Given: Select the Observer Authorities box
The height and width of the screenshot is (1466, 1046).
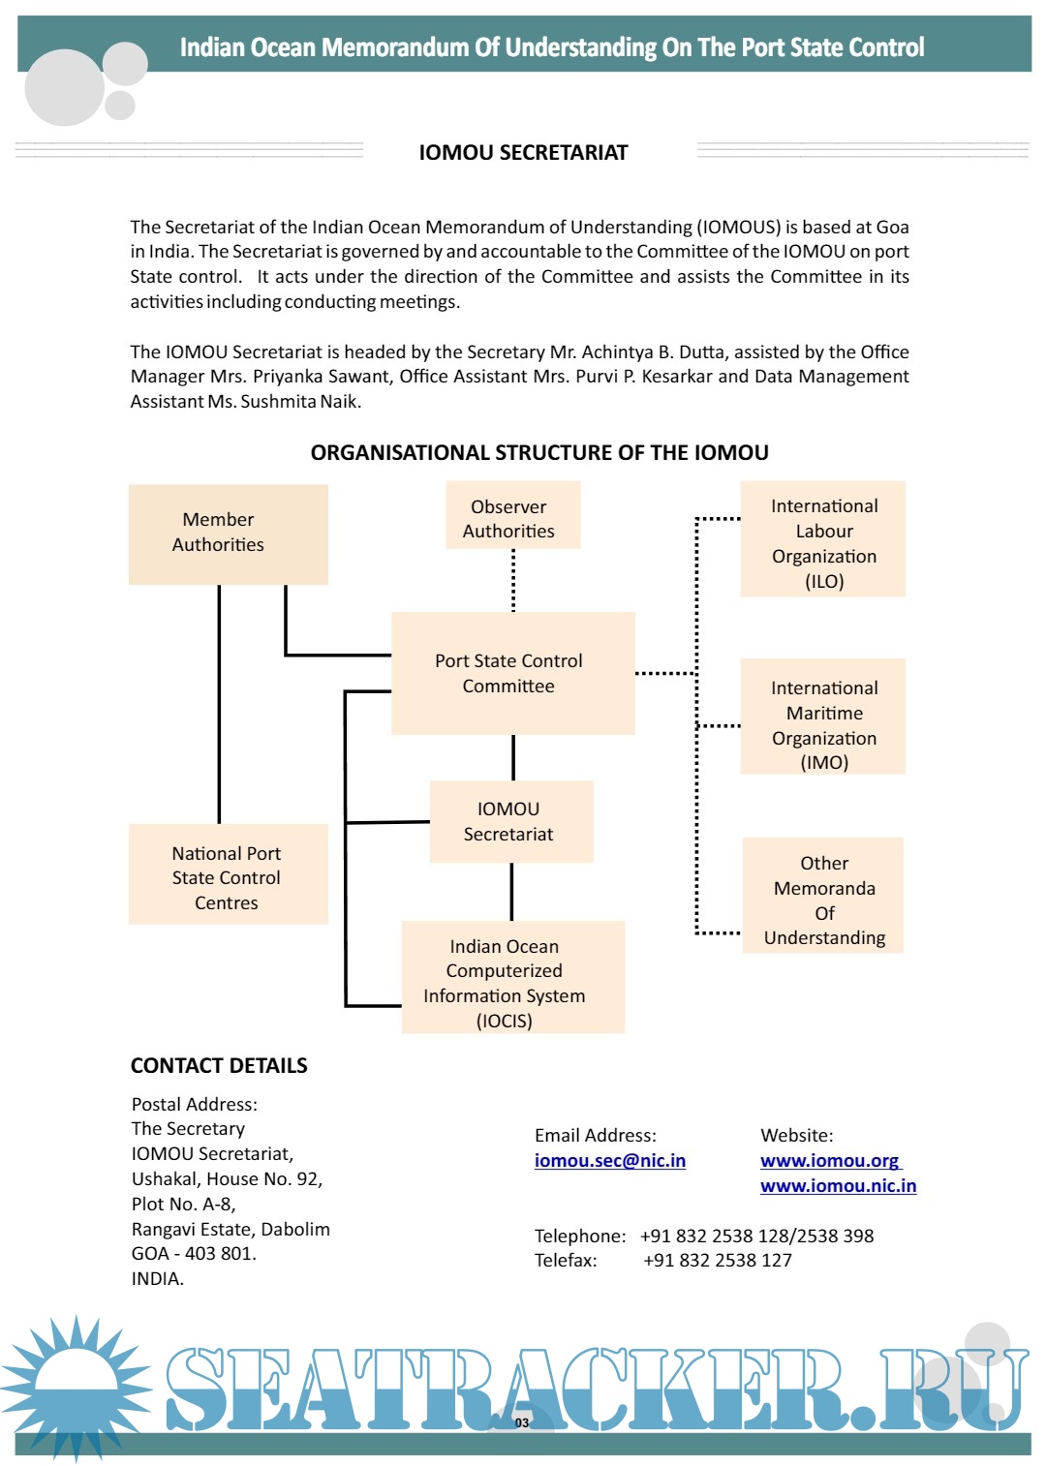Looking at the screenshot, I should [x=512, y=518].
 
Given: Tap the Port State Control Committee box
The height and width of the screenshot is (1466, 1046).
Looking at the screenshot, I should [x=512, y=673].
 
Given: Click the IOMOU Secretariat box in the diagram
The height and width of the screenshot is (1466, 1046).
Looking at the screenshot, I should [x=510, y=821].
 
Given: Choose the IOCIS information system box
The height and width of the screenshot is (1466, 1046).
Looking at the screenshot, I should [x=512, y=977].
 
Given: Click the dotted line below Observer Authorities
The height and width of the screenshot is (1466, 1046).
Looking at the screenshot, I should [x=513, y=580].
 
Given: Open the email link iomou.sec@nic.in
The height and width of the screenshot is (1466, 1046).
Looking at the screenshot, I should [x=609, y=1160].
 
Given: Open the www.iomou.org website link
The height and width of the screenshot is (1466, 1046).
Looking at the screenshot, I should [x=829, y=1160].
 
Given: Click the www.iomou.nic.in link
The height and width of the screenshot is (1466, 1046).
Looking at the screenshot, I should [x=838, y=1185].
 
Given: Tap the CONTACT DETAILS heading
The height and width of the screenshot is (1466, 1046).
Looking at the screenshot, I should [x=219, y=1065].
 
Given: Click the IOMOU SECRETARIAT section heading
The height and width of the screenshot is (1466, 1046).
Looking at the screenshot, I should [x=523, y=152].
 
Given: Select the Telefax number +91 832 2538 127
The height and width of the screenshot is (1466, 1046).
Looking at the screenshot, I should [x=718, y=1260].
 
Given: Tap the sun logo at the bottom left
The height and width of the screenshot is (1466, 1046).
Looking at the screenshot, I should [x=76, y=1388].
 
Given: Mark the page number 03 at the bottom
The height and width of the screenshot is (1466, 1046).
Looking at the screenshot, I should [x=522, y=1422].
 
